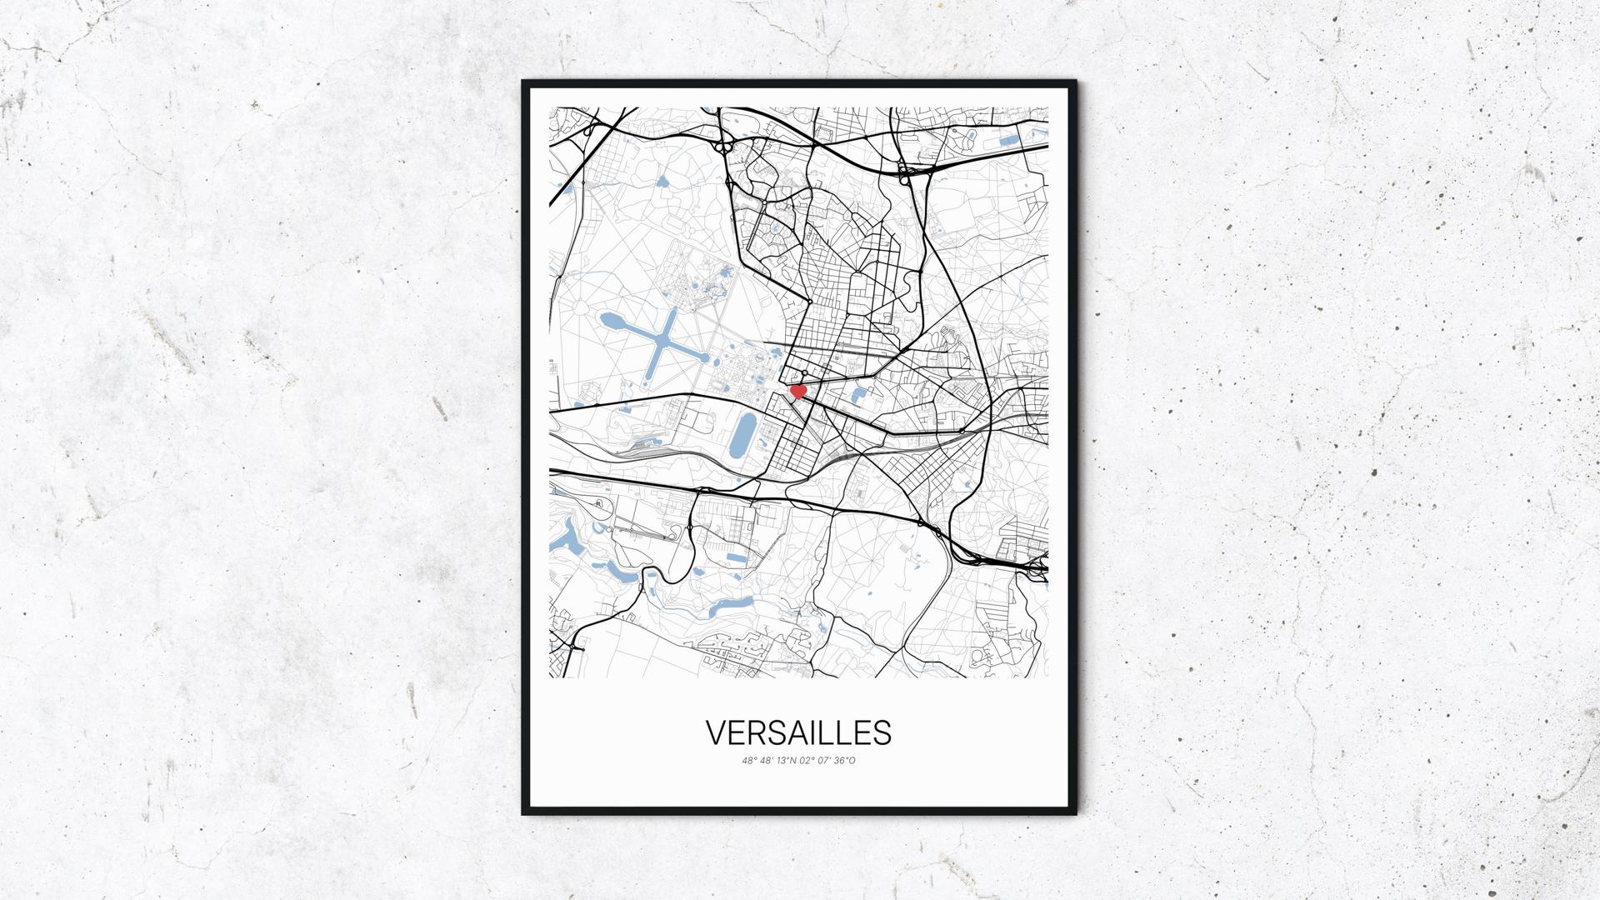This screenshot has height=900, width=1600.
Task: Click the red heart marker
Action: click(797, 390)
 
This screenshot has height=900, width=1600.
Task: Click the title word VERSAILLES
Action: click(798, 732)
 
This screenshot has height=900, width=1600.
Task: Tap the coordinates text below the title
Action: click(798, 760)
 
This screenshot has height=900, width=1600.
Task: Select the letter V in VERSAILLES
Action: click(716, 732)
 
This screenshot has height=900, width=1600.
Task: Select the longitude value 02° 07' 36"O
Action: click(827, 760)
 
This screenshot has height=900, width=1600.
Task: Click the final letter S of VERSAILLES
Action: click(883, 732)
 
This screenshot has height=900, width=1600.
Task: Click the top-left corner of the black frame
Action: click(524, 82)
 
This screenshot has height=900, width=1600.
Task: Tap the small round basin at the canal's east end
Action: click(705, 359)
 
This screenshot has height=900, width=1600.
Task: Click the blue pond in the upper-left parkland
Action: click(662, 181)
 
